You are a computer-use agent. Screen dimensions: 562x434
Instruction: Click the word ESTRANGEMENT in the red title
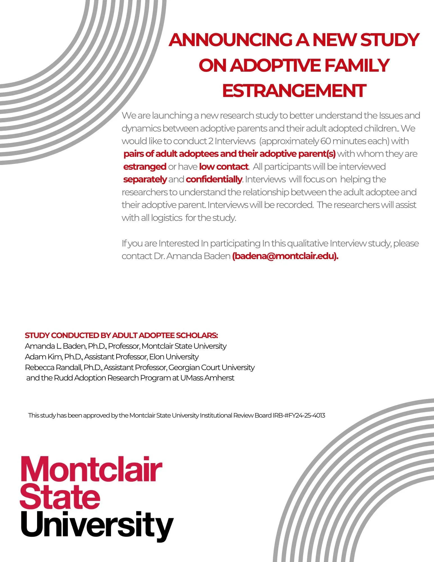294,91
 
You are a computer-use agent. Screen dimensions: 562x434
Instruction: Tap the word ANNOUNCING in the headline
231,40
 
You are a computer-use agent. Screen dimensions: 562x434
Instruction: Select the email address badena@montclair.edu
285,256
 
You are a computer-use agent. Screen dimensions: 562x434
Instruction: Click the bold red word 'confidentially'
214,179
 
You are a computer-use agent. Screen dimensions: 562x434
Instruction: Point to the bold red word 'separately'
145,179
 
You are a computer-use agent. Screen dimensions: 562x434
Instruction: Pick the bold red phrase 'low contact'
224,167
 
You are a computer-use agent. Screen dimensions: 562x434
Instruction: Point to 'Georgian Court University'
212,367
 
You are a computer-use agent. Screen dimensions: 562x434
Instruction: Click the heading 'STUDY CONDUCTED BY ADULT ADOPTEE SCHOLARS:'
121,335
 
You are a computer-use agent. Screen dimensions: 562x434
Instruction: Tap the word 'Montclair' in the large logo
91,469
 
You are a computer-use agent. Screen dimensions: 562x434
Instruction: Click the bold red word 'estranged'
145,167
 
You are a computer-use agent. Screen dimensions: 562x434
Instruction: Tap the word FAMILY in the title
356,65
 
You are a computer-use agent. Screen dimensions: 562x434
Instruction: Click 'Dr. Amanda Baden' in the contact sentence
192,256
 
